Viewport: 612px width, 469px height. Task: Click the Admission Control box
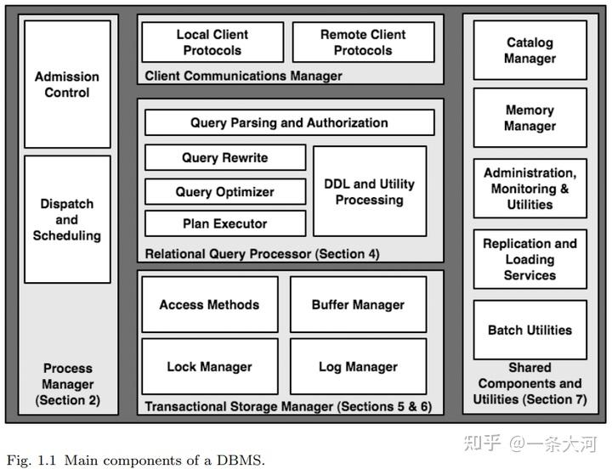click(67, 84)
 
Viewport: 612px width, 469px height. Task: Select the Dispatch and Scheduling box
click(67, 219)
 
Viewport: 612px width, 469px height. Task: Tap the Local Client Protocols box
click(212, 42)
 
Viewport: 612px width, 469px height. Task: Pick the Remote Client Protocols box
click(364, 42)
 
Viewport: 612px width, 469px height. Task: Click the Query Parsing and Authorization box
click(290, 122)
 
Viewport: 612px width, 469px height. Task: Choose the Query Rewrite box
click(225, 158)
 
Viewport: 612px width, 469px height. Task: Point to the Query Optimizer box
click(225, 191)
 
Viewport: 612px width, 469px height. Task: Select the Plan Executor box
click(225, 223)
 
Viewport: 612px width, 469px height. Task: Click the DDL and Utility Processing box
click(370, 191)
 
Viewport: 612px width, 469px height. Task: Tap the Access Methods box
click(210, 304)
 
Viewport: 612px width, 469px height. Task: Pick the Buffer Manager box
click(359, 304)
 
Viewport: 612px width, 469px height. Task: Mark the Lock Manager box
click(210, 366)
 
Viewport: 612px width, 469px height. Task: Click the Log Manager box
click(359, 366)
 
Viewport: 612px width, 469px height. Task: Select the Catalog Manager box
click(530, 50)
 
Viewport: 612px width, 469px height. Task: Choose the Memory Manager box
click(530, 118)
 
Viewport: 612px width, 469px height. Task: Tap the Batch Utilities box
click(530, 331)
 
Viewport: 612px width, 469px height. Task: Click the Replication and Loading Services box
click(530, 259)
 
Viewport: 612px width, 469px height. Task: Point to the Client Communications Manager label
click(244, 76)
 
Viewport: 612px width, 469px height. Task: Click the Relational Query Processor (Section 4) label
click(263, 254)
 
